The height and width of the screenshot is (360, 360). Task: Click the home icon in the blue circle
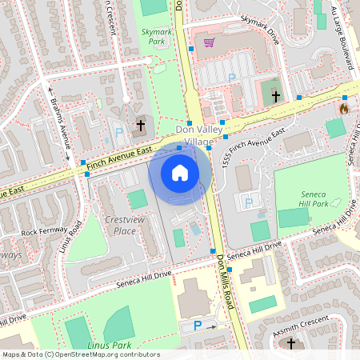coord(179,172)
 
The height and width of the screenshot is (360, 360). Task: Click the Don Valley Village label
coord(189,135)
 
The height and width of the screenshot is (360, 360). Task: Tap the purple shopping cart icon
coord(209,42)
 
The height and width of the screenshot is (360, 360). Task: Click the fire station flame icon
coord(344,108)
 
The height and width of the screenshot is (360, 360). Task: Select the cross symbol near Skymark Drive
coord(276,96)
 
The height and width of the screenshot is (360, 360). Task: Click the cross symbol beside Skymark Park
coord(141,125)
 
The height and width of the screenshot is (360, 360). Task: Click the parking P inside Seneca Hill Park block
coord(248,202)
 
